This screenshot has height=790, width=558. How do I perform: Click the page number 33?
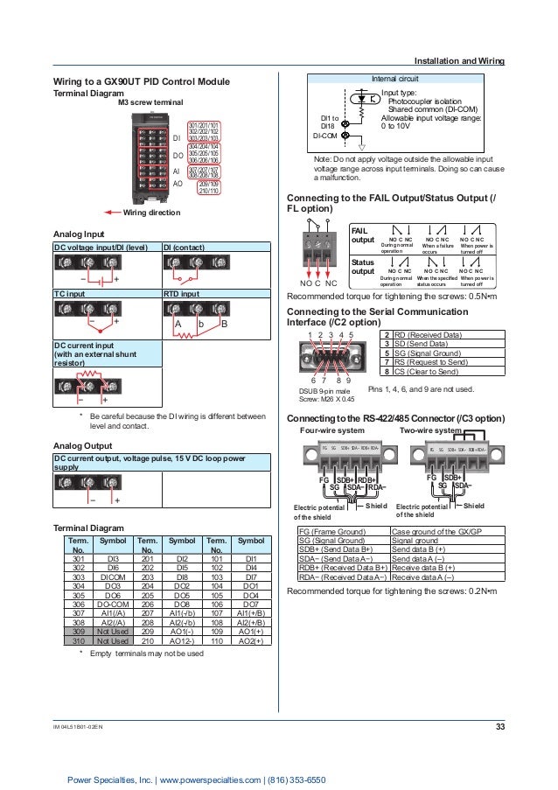[499, 726]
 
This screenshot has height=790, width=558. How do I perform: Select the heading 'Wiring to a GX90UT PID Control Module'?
[142, 81]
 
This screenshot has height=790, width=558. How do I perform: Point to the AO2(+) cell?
[251, 639]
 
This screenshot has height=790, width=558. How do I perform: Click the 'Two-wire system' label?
[428, 430]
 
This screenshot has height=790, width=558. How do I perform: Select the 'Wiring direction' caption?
[151, 213]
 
